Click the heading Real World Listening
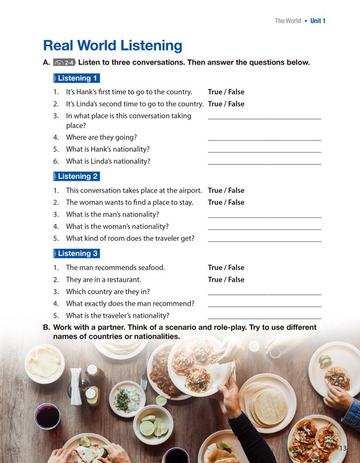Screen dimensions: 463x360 [113, 45]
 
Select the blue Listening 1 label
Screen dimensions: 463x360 [76, 78]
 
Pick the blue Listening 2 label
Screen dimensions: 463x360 [76, 177]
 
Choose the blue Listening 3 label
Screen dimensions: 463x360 [76, 253]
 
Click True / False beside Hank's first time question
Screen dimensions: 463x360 [226, 92]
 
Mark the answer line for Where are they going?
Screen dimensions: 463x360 [264, 139]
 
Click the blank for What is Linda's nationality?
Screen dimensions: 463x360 [264, 163]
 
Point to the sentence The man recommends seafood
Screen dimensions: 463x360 [115, 267]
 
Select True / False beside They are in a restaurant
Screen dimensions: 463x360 [226, 279]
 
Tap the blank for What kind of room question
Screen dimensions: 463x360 [264, 240]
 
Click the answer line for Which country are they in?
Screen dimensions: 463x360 [264, 294]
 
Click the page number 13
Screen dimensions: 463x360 [343, 449]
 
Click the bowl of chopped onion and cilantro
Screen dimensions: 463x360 [128, 398]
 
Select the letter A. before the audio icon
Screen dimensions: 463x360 [46, 62]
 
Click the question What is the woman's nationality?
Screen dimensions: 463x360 [117, 226]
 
